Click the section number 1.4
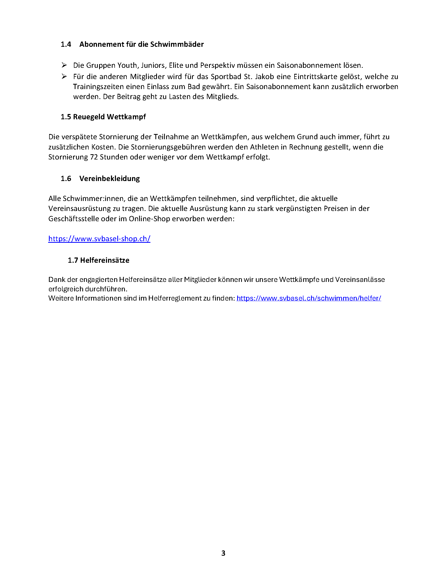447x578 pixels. coord(66,44)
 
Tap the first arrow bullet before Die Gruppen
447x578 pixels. coord(64,65)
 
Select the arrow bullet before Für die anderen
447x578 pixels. coord(64,76)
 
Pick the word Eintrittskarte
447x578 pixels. coord(315,77)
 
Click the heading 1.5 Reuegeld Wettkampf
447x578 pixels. coord(103,117)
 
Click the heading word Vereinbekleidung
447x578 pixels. coord(109,178)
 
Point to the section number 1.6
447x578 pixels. coord(66,178)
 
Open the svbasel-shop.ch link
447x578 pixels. coord(99,239)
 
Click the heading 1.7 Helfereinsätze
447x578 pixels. coord(99,260)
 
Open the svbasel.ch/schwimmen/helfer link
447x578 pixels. coord(309,298)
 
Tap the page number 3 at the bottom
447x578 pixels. coord(223,553)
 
